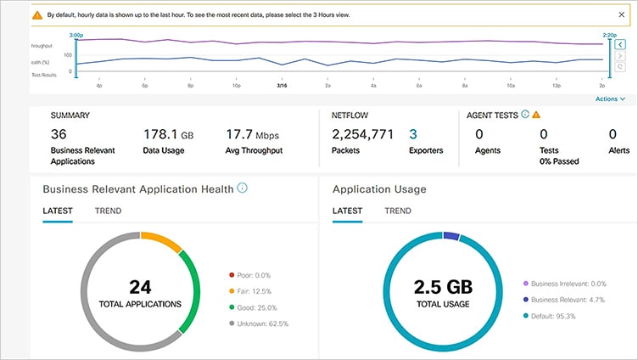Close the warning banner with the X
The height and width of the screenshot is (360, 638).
[x=621, y=14]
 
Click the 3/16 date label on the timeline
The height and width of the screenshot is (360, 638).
[x=282, y=86]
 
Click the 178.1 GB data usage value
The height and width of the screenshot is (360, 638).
[x=168, y=134]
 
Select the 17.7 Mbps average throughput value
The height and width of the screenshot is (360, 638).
[x=252, y=134]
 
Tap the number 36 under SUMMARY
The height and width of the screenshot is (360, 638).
[x=59, y=134]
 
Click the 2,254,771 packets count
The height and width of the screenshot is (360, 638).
[x=362, y=134]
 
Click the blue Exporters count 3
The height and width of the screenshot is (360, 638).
[x=413, y=134]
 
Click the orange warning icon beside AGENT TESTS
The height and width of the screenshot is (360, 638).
[x=536, y=115]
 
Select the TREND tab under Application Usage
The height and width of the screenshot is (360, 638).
[x=398, y=211]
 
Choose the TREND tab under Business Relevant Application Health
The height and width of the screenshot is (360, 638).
[x=108, y=211]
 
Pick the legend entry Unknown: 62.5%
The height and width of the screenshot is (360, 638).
[x=260, y=323]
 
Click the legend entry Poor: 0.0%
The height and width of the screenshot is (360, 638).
[x=254, y=275]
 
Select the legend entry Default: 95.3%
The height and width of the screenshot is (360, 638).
[x=555, y=316]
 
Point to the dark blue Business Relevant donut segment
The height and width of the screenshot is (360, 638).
[x=451, y=235]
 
